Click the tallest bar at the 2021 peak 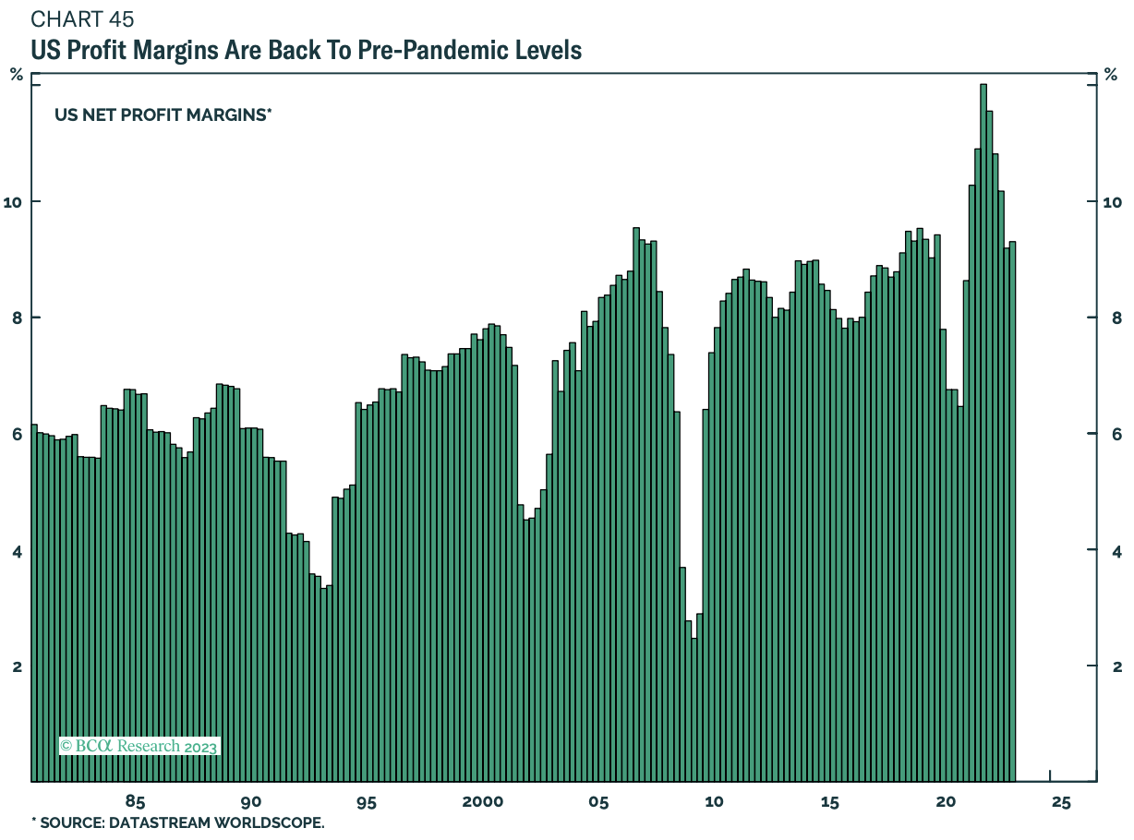coord(983,434)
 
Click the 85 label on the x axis coord(135,801)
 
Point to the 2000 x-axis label coord(483,801)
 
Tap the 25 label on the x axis coord(1060,801)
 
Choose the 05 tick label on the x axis coord(598,801)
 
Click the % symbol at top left coord(17,75)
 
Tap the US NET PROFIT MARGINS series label coord(163,114)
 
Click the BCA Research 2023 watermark coord(139,746)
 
